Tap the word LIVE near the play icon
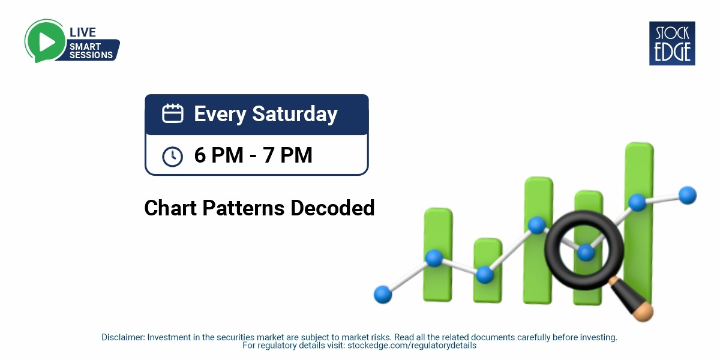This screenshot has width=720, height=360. pyautogui.click(x=83, y=32)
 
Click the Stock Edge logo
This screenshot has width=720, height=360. pyautogui.click(x=672, y=43)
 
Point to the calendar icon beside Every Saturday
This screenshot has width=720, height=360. pyautogui.click(x=173, y=114)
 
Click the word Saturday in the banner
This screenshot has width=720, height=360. pyautogui.click(x=294, y=114)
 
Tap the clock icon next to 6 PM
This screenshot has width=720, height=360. pyautogui.click(x=173, y=156)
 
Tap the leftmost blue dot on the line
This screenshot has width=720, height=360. pyautogui.click(x=382, y=294)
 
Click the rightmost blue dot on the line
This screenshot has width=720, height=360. pyautogui.click(x=688, y=195)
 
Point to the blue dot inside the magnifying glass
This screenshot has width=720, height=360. pyautogui.click(x=586, y=253)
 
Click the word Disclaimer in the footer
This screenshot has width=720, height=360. pyautogui.click(x=122, y=338)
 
